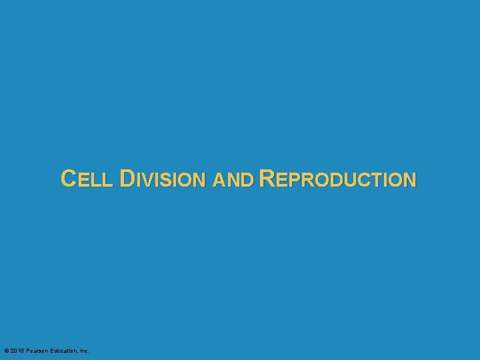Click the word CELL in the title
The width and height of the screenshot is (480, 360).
[88, 179]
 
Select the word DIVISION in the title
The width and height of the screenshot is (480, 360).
[163, 179]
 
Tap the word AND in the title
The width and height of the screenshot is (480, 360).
[233, 179]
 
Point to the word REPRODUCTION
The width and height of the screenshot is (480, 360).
[337, 179]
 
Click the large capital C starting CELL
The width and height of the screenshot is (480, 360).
[68, 178]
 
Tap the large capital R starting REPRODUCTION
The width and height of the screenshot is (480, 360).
[267, 178]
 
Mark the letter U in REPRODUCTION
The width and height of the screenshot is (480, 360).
[345, 180]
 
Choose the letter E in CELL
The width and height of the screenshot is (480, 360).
[85, 180]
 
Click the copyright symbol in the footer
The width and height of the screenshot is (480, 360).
[6, 351]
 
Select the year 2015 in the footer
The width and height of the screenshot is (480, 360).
[17, 351]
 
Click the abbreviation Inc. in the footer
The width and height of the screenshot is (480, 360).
[84, 351]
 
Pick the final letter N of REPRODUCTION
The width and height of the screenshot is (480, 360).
[409, 180]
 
